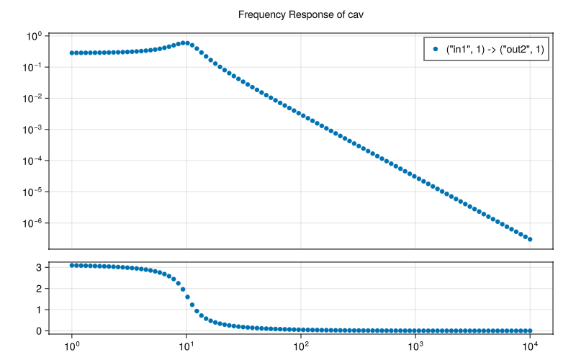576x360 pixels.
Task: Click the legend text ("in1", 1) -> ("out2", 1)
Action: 494,49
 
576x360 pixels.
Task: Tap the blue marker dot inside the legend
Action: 435,49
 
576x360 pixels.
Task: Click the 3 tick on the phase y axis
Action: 60,267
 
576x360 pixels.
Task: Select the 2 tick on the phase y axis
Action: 60,289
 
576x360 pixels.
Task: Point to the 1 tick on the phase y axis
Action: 60,310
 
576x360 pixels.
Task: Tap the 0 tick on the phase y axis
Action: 60,331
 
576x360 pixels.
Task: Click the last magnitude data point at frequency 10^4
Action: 531,239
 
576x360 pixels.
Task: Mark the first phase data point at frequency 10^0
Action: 72,266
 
